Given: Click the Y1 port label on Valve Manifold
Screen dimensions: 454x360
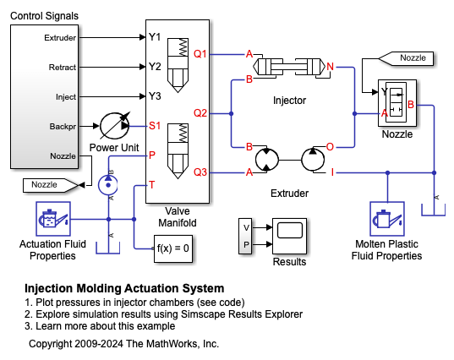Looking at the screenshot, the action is [x=155, y=37].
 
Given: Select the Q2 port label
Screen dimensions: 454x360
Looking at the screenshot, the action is [x=200, y=113].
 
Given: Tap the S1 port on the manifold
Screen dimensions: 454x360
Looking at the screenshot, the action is [x=155, y=126].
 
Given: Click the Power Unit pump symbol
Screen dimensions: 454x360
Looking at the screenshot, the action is [x=115, y=126].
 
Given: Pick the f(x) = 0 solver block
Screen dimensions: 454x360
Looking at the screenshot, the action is [x=173, y=248].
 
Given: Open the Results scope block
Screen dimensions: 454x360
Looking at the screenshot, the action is [x=289, y=236].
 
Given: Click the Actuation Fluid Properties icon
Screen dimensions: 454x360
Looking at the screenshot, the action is [x=53, y=219].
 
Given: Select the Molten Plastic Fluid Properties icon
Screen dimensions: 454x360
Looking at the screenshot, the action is [x=387, y=219].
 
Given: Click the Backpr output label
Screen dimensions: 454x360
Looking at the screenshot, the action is [x=63, y=127].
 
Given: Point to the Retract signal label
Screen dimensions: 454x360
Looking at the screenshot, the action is [x=63, y=67].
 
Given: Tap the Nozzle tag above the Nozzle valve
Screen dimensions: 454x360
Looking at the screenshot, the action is [x=406, y=58].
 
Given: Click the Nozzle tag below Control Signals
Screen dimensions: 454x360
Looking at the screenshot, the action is [x=51, y=185].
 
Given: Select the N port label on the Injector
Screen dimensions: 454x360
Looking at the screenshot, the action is [x=331, y=67].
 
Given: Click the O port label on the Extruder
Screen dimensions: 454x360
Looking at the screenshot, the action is [x=330, y=147].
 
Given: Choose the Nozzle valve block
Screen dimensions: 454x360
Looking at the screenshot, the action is [x=397, y=103].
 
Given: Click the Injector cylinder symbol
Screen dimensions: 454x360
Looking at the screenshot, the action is [x=289, y=67].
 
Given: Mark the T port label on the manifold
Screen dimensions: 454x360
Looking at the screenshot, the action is [x=151, y=184].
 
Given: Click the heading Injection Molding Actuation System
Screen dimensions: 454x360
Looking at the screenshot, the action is [x=124, y=288].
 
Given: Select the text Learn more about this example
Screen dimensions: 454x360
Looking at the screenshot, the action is [x=106, y=326].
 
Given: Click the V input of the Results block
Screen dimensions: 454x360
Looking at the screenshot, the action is [x=246, y=228].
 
